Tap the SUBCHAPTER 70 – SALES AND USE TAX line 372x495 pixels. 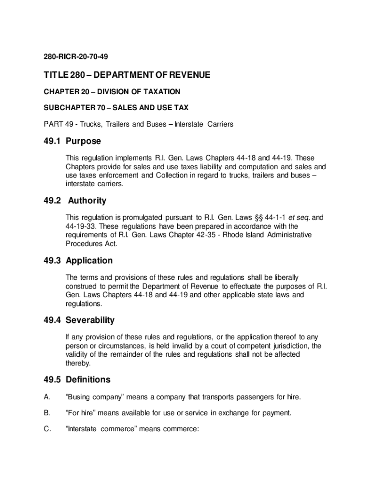coord(116,108)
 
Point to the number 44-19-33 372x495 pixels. coord(81,226)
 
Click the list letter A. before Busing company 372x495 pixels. coord(47,397)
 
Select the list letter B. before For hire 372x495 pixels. coord(47,413)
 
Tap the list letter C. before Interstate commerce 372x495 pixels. coord(47,429)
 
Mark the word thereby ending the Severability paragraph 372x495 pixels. coord(78,363)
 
